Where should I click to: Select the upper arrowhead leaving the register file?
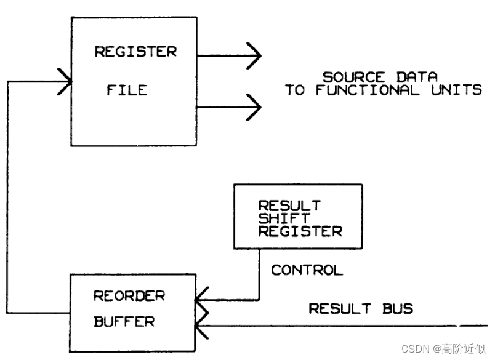(253, 56)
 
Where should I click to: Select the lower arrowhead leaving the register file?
(253, 108)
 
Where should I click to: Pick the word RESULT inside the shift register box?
(289, 205)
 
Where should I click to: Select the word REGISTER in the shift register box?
(300, 231)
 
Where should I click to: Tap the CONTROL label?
(307, 270)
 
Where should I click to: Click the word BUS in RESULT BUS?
(397, 308)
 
